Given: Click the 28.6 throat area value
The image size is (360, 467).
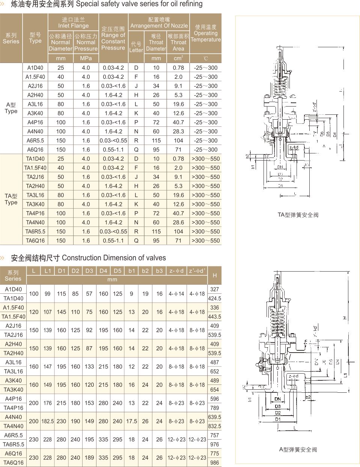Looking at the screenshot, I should click(x=178, y=222).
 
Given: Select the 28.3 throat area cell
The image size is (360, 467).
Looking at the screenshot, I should click(x=178, y=131).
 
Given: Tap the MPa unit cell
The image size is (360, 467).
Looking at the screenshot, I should click(x=86, y=59).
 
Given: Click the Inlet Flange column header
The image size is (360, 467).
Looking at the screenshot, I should click(x=73, y=23).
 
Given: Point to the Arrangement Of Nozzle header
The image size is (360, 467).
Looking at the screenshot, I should click(x=159, y=23).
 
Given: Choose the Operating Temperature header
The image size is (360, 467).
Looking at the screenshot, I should click(x=206, y=33).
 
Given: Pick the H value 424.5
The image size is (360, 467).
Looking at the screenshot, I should click(x=214, y=299).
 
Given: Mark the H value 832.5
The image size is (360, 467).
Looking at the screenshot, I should click(x=214, y=426).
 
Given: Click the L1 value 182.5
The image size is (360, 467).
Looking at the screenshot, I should click(x=47, y=421).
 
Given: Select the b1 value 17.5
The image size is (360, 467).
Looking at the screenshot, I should click(x=131, y=421).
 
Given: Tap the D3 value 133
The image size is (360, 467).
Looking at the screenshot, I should click(x=89, y=366).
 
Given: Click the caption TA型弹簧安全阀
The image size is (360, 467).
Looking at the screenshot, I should click(x=298, y=215).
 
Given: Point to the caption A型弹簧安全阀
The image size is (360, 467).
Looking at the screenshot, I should click(x=298, y=449).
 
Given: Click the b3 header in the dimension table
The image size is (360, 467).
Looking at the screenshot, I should click(x=159, y=270).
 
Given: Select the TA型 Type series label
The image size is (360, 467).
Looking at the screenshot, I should click(x=11, y=199).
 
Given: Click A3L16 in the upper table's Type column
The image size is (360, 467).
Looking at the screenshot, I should click(x=35, y=104).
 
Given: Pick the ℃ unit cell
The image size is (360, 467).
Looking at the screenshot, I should click(x=205, y=59).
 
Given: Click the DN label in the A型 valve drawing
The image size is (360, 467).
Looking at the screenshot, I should click(x=277, y=399).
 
